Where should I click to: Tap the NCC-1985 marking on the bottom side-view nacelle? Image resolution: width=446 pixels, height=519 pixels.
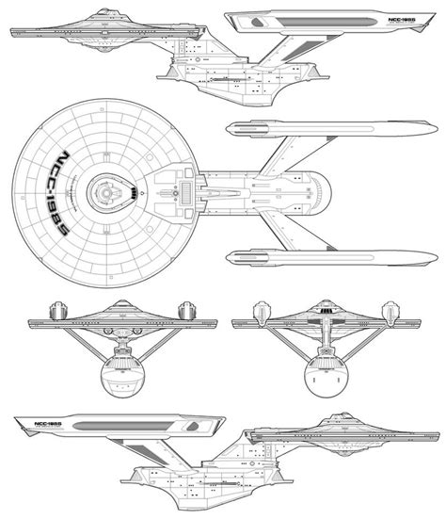click(x=38, y=426)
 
